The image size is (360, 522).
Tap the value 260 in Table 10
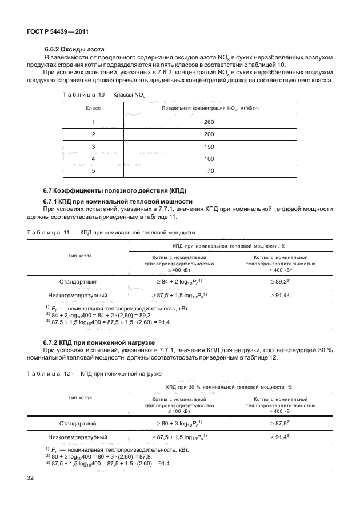(x=209, y=122)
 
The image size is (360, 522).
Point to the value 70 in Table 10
(x=210, y=170)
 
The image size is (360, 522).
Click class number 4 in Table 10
(x=93, y=158)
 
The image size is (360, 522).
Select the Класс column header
(x=93, y=108)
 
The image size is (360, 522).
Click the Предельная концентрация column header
(x=210, y=108)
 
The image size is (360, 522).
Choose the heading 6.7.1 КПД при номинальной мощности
(x=118, y=201)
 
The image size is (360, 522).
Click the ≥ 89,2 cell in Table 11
(x=281, y=282)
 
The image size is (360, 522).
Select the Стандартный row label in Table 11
(x=78, y=282)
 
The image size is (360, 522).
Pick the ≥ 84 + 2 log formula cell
(x=179, y=282)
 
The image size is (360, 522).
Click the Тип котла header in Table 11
(x=78, y=256)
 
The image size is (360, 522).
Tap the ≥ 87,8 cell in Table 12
(x=281, y=423)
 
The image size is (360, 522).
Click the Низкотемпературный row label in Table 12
(x=78, y=437)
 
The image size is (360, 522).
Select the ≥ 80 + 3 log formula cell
(x=179, y=423)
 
